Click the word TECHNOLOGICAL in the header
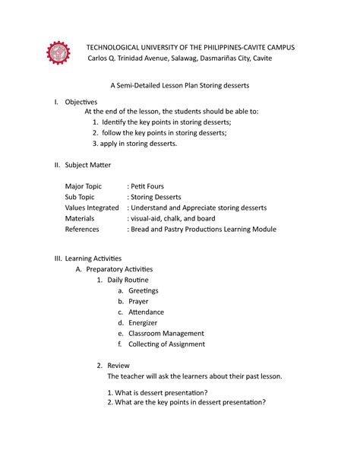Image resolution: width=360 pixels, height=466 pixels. point(121,47)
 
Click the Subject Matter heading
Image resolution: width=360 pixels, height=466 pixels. point(90,164)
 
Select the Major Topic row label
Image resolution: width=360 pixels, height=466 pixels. point(86,186)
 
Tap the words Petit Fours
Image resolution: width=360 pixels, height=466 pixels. point(147,186)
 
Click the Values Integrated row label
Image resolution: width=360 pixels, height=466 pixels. point(92,208)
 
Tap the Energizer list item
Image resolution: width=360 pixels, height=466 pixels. point(143,322)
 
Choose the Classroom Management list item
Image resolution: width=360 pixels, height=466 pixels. point(166,333)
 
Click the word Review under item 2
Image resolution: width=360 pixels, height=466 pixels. point(118,365)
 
